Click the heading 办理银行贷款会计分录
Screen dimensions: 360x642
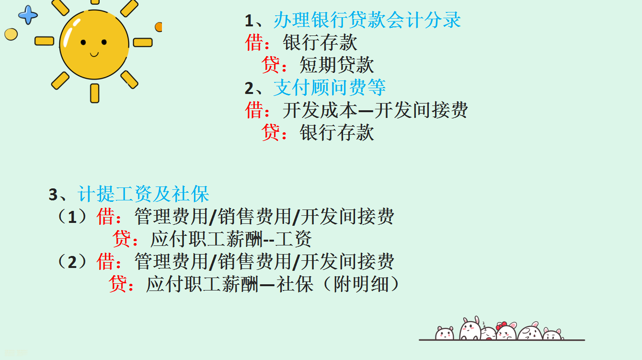pyautogui.click(x=367, y=21)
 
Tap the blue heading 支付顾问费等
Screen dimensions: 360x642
pyautogui.click(x=330, y=88)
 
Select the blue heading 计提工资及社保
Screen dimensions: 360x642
pyautogui.click(x=143, y=195)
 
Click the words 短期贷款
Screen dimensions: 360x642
pyautogui.click(x=336, y=65)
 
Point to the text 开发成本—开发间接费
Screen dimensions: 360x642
pyautogui.click(x=375, y=110)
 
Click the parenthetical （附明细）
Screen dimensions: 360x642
pyautogui.click(x=360, y=284)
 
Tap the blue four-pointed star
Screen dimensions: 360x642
pyautogui.click(x=28, y=15)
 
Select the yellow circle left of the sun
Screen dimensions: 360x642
pyautogui.click(x=11, y=34)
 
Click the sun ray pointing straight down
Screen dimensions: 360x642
pyautogui.click(x=95, y=93)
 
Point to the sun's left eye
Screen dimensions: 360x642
pyautogui.click(x=83, y=43)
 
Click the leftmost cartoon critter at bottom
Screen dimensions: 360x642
pyautogui.click(x=444, y=333)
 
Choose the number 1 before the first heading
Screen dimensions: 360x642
pyautogui.click(x=248, y=21)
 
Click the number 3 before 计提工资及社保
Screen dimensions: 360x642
pyautogui.click(x=53, y=195)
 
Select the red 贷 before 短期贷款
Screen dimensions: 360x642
pyautogui.click(x=269, y=65)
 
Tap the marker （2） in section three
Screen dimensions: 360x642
pyautogui.click(x=72, y=262)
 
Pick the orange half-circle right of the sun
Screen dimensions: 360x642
pyautogui.click(x=159, y=27)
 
